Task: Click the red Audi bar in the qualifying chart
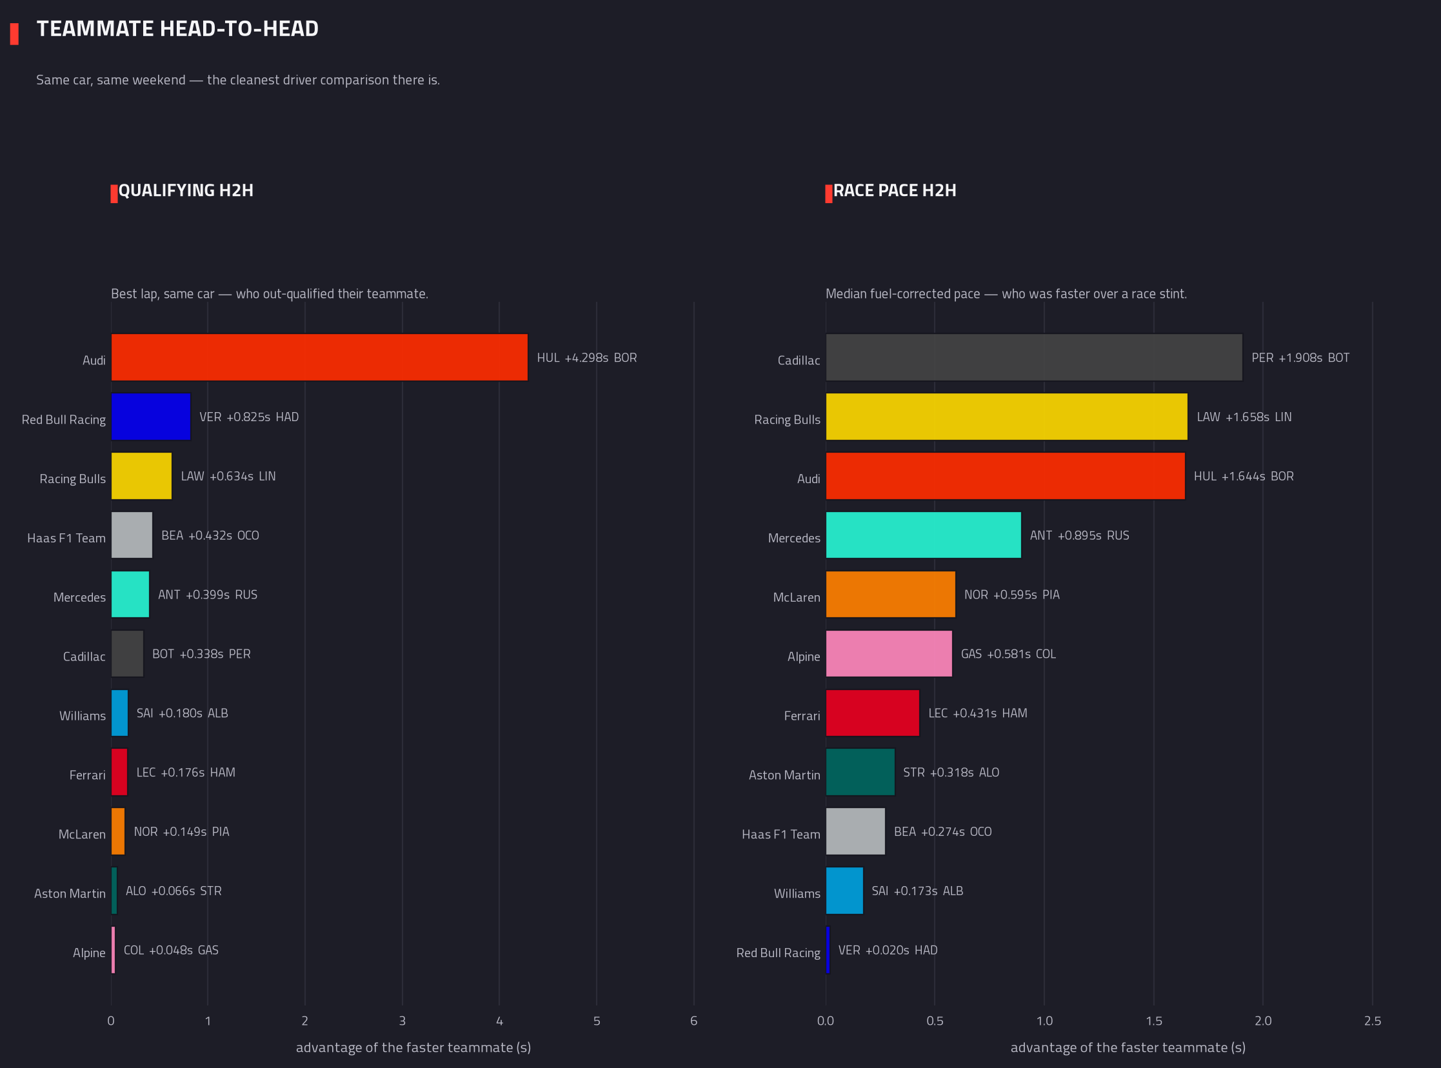pos(319,357)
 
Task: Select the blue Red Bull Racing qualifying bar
pos(151,417)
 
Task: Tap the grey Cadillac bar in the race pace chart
pos(1034,357)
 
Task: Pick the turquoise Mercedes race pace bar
pos(923,535)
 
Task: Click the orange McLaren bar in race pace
pos(890,594)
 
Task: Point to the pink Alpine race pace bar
pos(889,653)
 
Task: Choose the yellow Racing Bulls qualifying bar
pos(141,476)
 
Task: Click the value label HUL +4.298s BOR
pos(587,358)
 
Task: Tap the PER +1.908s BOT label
pos(1300,358)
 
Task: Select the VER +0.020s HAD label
pos(888,951)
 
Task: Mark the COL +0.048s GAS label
pos(171,951)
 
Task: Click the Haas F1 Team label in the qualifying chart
pos(66,539)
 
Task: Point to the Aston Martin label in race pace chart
pos(784,775)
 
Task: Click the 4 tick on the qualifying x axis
pos(499,1021)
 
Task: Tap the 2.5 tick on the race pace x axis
pos(1373,1021)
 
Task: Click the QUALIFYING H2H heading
pos(186,191)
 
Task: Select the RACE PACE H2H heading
pos(895,191)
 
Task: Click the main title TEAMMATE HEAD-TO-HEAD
pos(178,29)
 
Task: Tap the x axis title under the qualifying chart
pos(413,1047)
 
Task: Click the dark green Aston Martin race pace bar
pos(860,772)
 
